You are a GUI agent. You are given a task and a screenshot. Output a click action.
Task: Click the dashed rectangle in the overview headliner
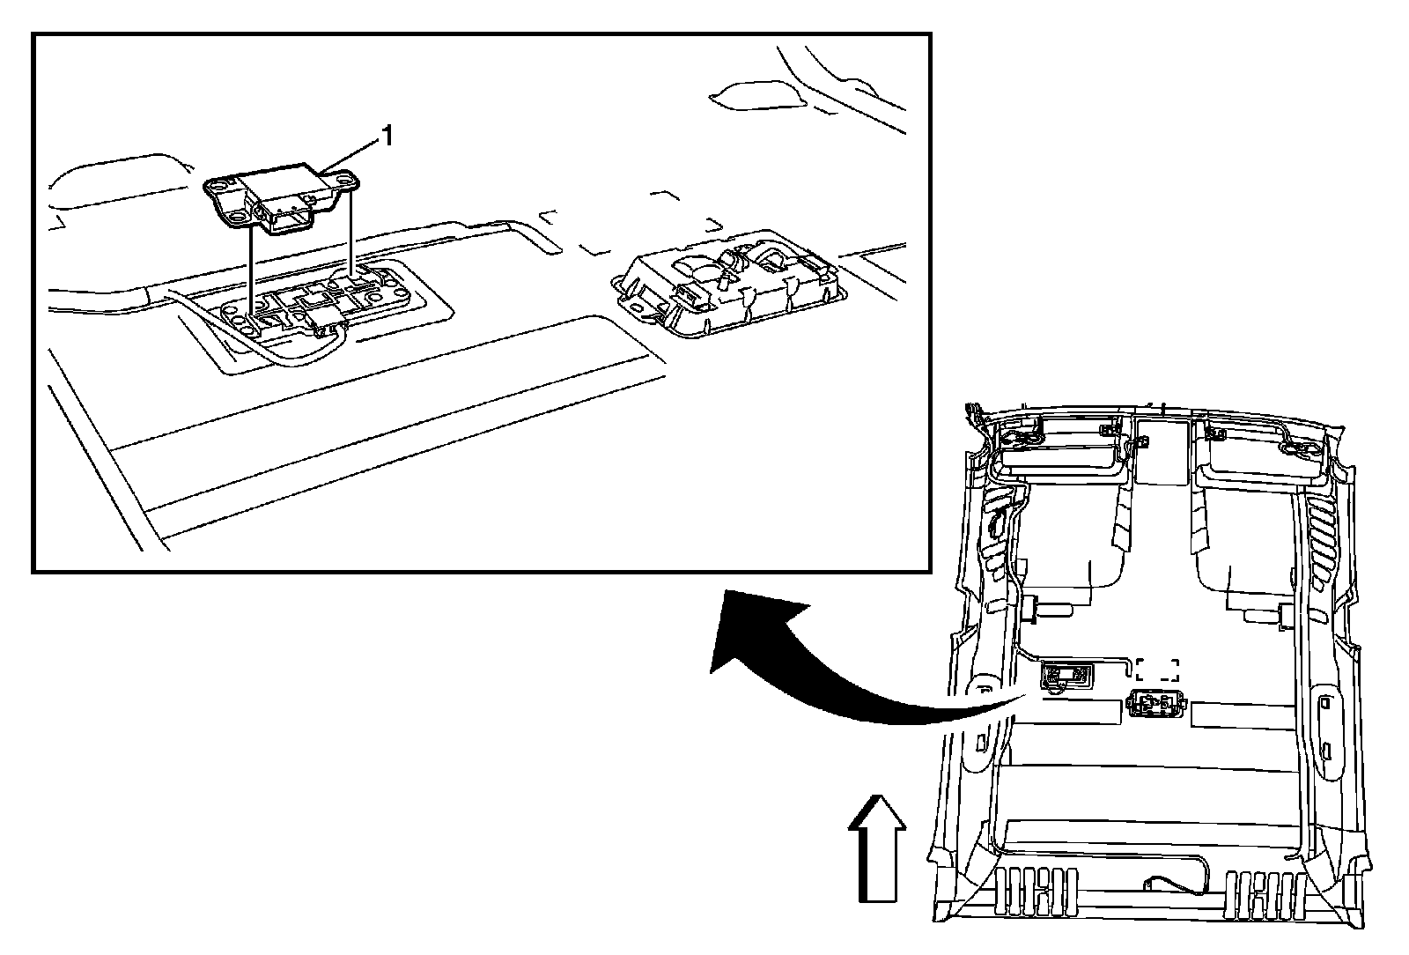coord(1156,670)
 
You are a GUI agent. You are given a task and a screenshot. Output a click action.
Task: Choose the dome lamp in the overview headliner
coord(1154,706)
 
